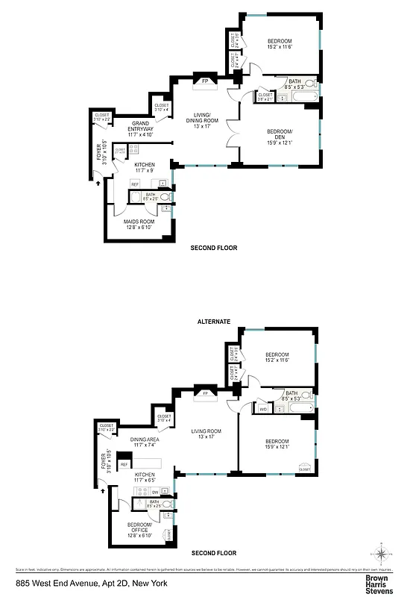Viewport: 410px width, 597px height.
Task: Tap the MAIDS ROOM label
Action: [139, 222]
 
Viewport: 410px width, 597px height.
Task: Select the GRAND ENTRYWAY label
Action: [142, 126]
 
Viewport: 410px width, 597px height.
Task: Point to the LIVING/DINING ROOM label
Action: [202, 116]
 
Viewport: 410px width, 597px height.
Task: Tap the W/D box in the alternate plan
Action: [263, 409]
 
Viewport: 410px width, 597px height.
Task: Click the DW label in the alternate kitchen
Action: [154, 493]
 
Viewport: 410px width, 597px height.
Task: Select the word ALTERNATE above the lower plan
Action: [214, 322]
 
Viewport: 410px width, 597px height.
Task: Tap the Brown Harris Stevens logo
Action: [378, 581]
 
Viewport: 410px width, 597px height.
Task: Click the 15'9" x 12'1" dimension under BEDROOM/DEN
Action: [280, 143]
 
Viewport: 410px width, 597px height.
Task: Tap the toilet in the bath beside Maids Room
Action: [165, 198]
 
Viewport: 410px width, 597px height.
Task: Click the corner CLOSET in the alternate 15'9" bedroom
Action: [304, 468]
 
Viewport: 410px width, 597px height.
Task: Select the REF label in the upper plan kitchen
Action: [135, 184]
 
